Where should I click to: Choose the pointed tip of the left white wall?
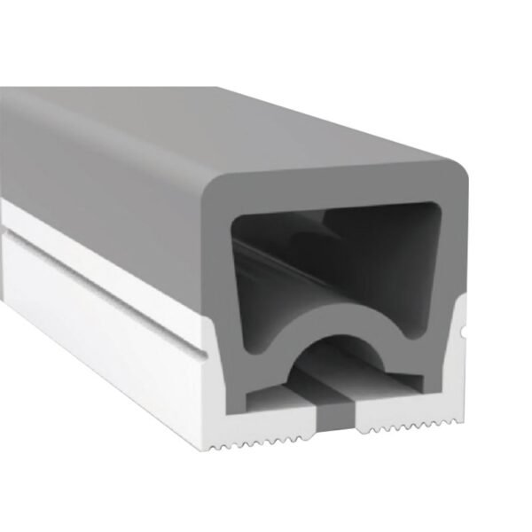click(x=213, y=324)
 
